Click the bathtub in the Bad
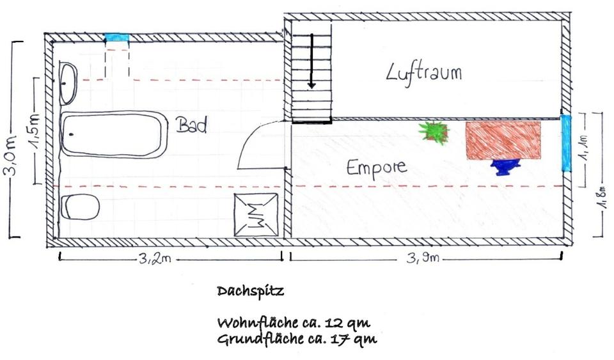[x=113, y=134]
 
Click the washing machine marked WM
[x=256, y=214]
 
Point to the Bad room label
[x=192, y=125]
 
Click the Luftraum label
[x=424, y=72]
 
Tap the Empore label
[x=376, y=168]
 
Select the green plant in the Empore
[x=435, y=132]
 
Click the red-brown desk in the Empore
[x=503, y=140]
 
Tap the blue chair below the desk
[x=505, y=166]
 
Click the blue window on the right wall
[x=565, y=143]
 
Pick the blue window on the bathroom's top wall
[x=117, y=37]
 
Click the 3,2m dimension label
[x=153, y=258]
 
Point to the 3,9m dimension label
[x=425, y=258]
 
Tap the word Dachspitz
[x=250, y=291]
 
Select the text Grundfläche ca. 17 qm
[x=297, y=338]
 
